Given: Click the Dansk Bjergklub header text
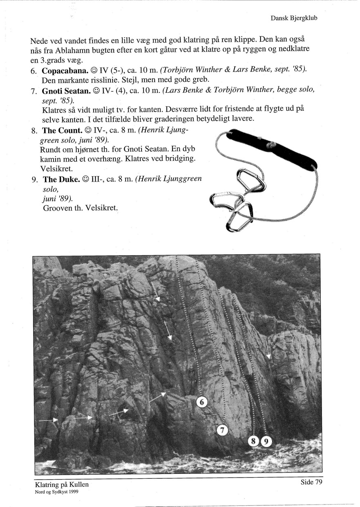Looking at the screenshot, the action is (x=294, y=18).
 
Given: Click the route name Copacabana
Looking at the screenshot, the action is (x=65, y=71).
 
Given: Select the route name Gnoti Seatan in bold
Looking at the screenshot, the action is (x=66, y=91).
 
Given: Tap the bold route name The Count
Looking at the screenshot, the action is (x=62, y=130).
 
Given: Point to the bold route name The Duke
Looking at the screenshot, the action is (x=62, y=179).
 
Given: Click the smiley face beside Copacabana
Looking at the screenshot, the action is (x=93, y=71).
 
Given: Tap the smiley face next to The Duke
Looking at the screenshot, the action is (x=85, y=179).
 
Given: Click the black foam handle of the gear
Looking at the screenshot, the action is (x=272, y=148).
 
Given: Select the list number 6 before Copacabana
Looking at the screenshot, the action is (x=34, y=71).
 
